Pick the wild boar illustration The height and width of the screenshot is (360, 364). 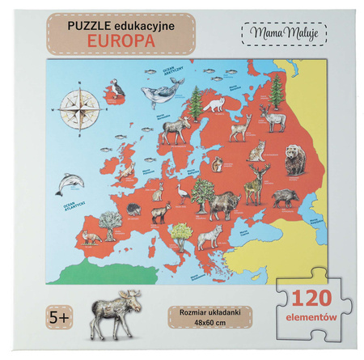pyautogui.click(x=286, y=197)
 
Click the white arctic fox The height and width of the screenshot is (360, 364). pyautogui.click(x=215, y=104)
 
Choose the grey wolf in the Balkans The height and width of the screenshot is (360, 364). pyautogui.click(x=209, y=235)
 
